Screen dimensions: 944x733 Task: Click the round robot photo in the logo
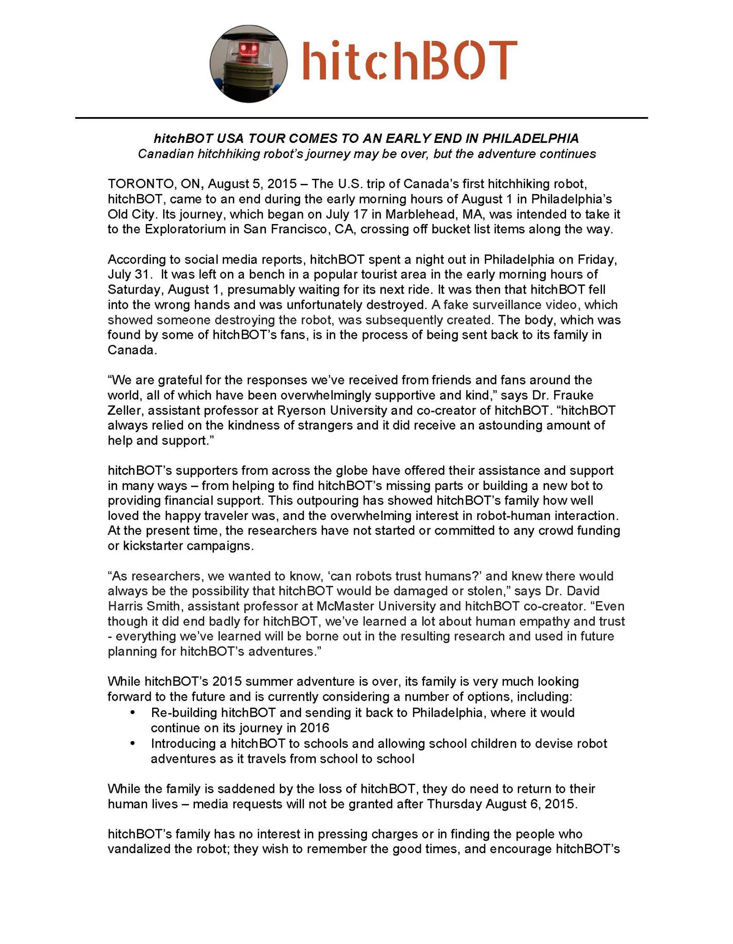coord(248,64)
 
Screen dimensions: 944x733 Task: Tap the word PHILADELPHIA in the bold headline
coord(530,138)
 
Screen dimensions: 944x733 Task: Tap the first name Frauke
coord(571,395)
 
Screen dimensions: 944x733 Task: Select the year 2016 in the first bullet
coord(313,728)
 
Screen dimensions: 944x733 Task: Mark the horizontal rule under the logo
coord(361,118)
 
